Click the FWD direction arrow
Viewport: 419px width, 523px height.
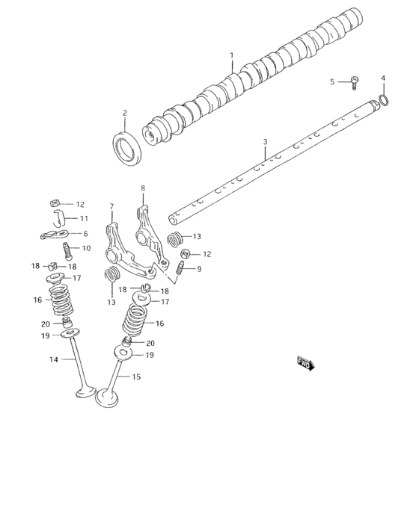[306, 364]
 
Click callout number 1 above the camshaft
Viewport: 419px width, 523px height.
[232, 55]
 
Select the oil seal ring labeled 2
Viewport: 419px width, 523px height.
[127, 149]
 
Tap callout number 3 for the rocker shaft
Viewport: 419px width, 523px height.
[266, 142]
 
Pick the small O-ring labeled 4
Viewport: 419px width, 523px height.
[384, 100]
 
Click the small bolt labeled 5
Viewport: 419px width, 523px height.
[353, 83]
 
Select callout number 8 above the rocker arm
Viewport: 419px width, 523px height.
[143, 188]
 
